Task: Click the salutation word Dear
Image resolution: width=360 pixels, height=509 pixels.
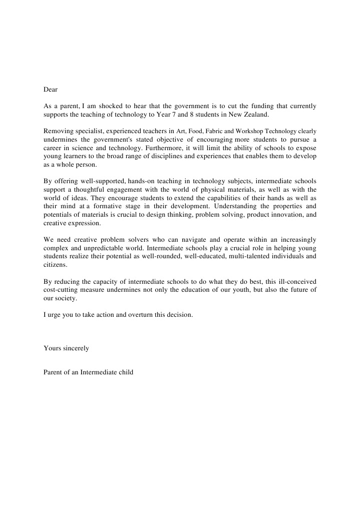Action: click(x=51, y=90)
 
